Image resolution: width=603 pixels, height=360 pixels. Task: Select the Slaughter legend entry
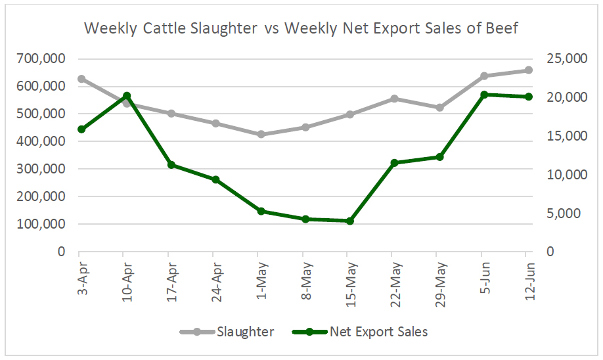[245, 332]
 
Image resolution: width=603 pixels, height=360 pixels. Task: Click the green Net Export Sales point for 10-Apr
[127, 96]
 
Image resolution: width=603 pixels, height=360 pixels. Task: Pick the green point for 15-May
[350, 221]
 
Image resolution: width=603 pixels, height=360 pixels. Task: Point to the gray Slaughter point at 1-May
[261, 134]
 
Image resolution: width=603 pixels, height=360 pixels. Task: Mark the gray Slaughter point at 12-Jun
[528, 70]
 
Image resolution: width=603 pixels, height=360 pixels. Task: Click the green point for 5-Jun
[484, 95]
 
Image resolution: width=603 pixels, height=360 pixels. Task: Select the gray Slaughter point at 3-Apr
[81, 79]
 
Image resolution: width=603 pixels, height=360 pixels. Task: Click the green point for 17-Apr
[171, 165]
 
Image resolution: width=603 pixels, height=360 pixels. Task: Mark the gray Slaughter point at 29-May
[439, 107]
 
